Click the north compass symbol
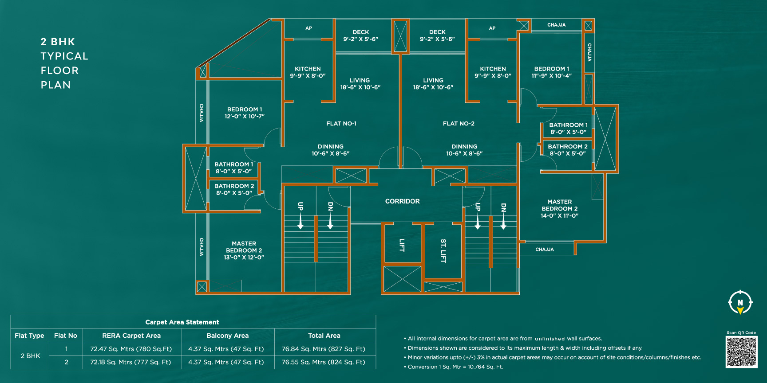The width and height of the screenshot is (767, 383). click(740, 302)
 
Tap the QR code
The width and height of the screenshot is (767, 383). click(741, 352)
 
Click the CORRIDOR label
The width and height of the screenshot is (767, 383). click(402, 201)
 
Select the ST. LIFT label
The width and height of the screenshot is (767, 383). click(443, 250)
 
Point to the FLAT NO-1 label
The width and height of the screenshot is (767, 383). click(341, 124)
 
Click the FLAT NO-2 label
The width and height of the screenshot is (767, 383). click(459, 124)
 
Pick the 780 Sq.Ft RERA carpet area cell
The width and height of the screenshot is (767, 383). click(130, 349)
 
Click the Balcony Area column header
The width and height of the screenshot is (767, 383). click(227, 336)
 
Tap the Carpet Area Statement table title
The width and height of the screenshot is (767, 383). click(182, 322)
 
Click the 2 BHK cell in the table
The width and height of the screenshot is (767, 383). click(30, 356)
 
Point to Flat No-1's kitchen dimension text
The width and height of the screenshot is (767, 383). click(308, 76)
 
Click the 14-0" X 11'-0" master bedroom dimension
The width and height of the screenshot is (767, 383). click(559, 216)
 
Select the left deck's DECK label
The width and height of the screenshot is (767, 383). click(360, 32)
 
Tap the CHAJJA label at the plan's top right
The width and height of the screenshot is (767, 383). click(556, 25)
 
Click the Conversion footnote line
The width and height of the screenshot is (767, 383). click(455, 367)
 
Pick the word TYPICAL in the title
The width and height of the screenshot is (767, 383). click(64, 56)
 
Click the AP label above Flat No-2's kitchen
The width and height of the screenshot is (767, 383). click(492, 28)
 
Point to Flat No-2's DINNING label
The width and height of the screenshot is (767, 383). click(464, 147)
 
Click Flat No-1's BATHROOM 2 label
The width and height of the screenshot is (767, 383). click(234, 186)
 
